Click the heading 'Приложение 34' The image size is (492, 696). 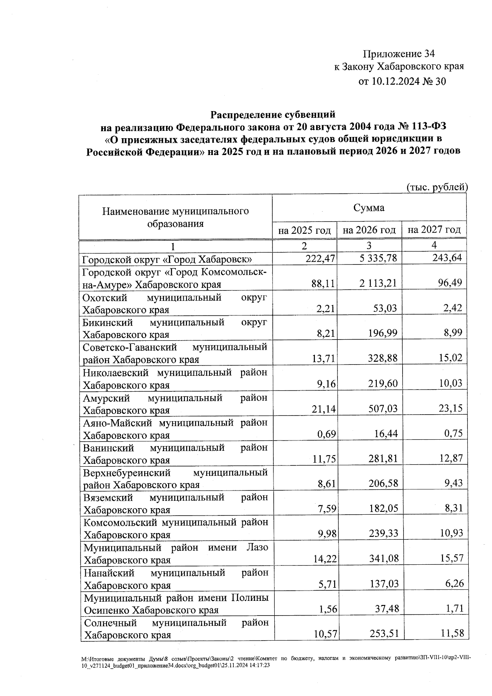[398, 54]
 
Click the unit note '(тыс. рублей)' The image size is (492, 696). [437, 187]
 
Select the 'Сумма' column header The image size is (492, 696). [369, 208]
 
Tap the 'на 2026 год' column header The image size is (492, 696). [369, 230]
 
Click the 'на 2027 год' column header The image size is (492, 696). [434, 230]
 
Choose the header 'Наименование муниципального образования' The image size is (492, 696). [175, 217]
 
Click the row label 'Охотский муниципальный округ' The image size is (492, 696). [175, 304]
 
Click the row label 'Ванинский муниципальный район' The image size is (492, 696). [175, 454]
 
